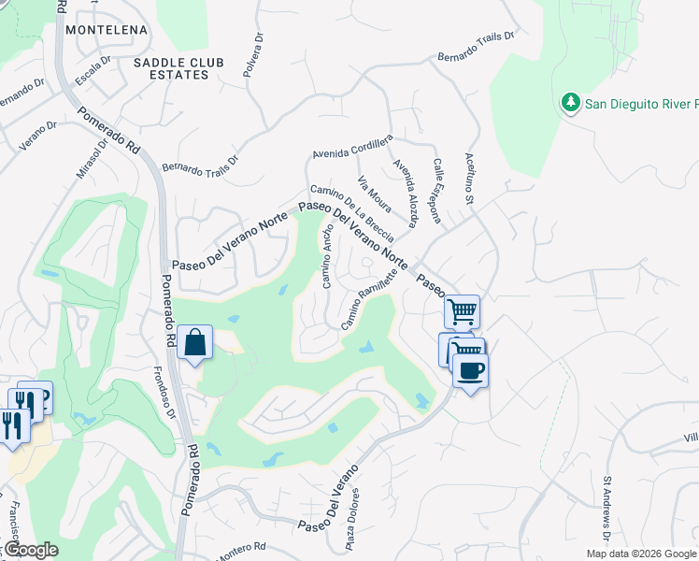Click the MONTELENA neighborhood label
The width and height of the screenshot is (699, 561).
pyautogui.click(x=107, y=30)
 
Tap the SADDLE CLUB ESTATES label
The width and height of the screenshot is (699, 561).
pyautogui.click(x=178, y=68)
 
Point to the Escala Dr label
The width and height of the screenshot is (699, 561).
pyautogui.click(x=93, y=67)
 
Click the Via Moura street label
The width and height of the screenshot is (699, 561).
pyautogui.click(x=375, y=192)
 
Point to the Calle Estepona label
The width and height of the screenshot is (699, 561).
pyautogui.click(x=436, y=190)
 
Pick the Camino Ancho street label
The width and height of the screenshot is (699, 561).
pyautogui.click(x=328, y=255)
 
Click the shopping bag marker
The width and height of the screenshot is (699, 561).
pyautogui.click(x=195, y=342)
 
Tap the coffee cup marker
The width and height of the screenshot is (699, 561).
pyautogui.click(x=470, y=369)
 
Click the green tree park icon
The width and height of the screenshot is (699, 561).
pyautogui.click(x=569, y=102)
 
